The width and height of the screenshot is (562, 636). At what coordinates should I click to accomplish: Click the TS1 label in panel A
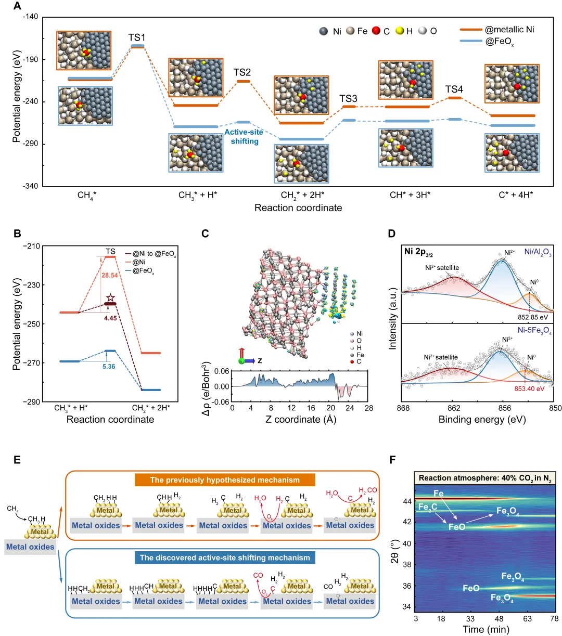137,37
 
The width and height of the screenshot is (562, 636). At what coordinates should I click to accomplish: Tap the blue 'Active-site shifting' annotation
244,137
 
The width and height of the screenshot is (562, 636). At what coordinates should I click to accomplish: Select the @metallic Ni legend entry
509,30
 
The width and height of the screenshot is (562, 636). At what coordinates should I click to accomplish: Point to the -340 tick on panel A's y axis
30,186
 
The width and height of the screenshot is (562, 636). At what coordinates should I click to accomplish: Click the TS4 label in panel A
454,89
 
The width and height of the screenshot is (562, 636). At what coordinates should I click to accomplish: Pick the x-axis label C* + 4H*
516,195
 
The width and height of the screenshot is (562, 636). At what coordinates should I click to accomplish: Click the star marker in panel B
110,298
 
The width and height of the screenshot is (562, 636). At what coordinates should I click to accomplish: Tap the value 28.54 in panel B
110,276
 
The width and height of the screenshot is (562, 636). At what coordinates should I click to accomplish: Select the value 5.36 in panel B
109,367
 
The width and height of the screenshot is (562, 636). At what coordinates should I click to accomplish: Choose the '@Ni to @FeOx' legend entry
154,254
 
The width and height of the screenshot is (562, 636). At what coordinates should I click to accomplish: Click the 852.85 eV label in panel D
533,317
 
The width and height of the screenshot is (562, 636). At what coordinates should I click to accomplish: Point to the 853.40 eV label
530,388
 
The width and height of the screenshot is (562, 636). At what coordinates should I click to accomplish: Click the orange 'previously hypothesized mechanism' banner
225,480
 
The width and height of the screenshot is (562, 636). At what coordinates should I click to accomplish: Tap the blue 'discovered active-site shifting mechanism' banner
225,557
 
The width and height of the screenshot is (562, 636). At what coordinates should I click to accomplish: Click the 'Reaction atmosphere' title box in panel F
484,478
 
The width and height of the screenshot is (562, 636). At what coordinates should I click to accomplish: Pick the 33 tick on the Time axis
470,618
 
